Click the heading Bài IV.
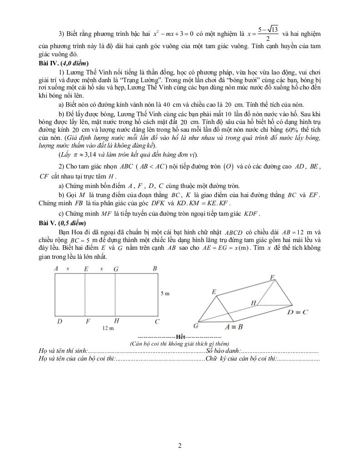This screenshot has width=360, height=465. point(49,63)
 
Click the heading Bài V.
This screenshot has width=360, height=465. point(48,223)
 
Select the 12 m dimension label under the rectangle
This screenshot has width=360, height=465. point(108,328)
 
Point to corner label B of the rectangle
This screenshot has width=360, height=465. point(155,269)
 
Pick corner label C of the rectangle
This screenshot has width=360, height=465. point(157,322)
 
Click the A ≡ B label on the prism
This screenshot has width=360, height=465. point(234,326)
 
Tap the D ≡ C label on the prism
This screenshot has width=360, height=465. point(298,312)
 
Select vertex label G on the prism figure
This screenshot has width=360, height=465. point(196,326)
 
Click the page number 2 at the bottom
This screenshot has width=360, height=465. point(180,445)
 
